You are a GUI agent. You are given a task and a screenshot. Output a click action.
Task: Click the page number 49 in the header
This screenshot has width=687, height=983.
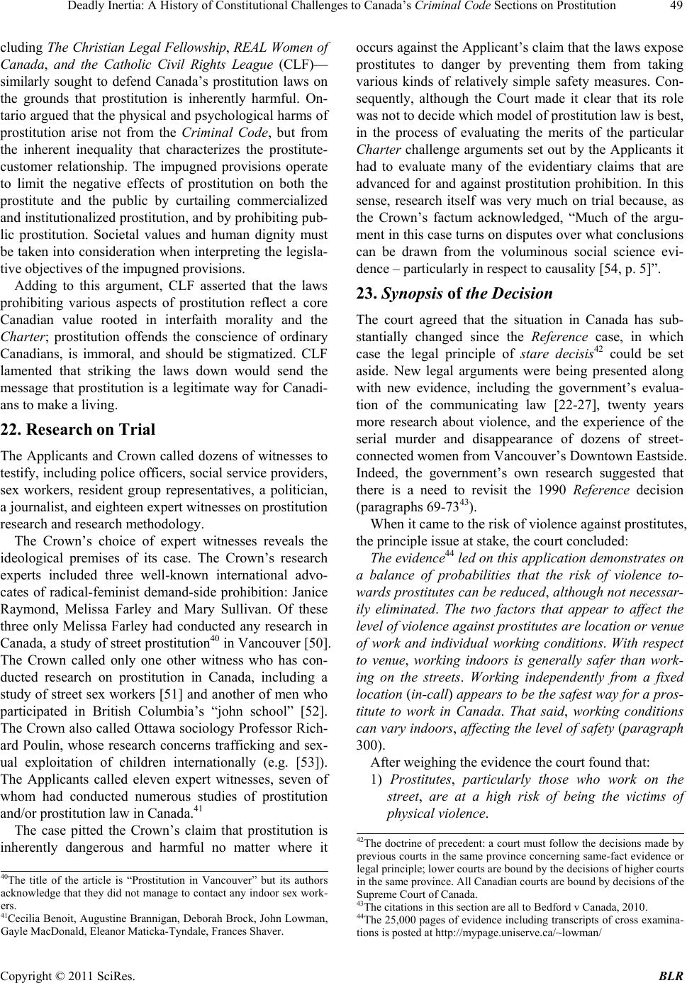tap(674, 7)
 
